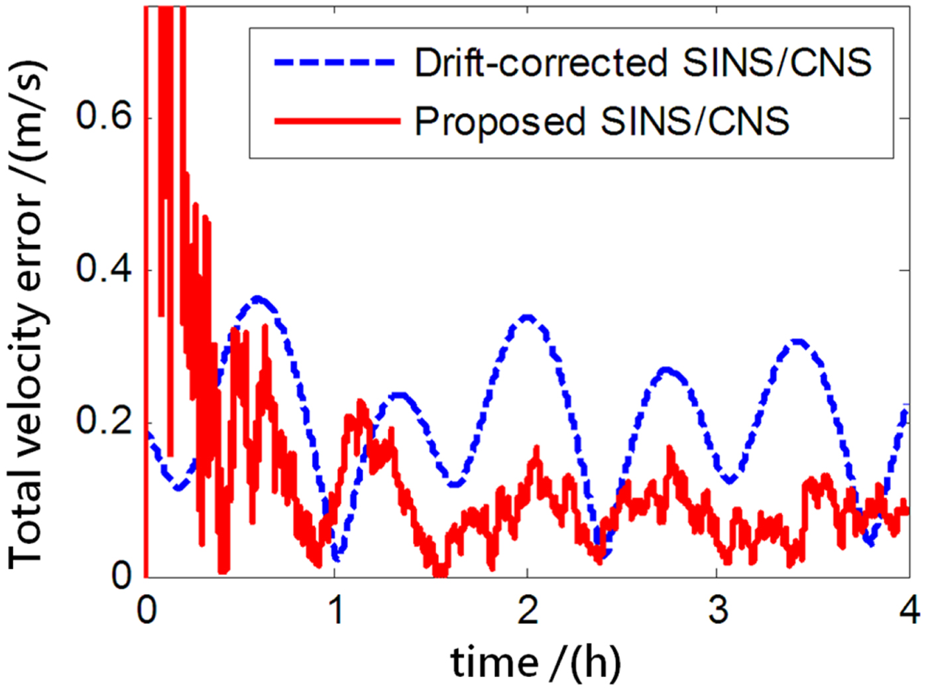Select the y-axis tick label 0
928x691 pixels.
[122, 575]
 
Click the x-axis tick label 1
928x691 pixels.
[336, 609]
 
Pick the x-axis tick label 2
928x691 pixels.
[528, 609]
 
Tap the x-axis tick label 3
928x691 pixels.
[718, 609]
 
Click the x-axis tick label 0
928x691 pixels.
[146, 609]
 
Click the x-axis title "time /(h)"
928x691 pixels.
[536, 662]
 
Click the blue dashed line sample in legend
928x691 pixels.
[335, 63]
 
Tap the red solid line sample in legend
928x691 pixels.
[335, 121]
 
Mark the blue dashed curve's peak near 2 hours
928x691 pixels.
[527, 318]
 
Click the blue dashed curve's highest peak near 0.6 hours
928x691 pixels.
[257, 298]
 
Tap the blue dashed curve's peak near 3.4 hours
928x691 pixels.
[799, 342]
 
